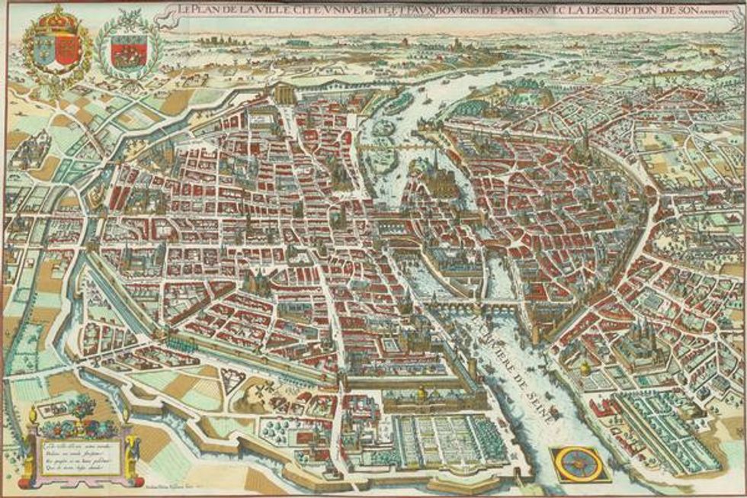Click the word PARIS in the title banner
tap(486, 10)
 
